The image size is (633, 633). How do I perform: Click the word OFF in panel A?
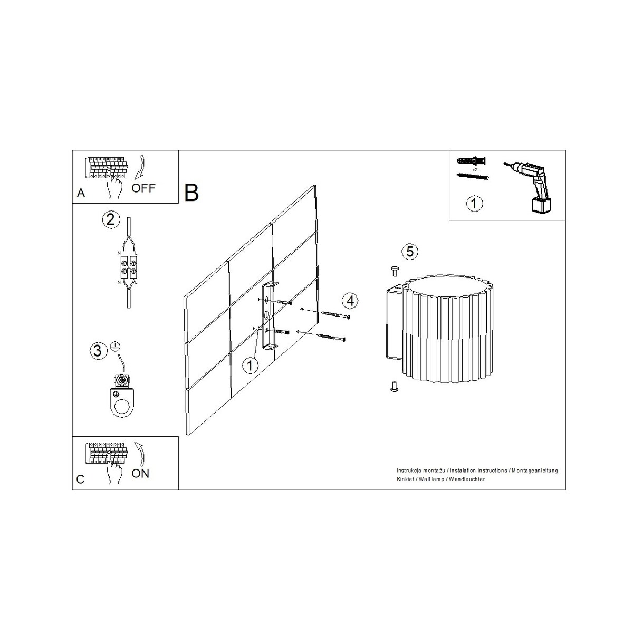pyautogui.click(x=143, y=188)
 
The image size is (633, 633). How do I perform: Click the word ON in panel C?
pyautogui.click(x=140, y=473)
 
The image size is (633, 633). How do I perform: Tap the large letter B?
pyautogui.click(x=191, y=193)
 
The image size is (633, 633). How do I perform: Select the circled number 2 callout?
pyautogui.click(x=111, y=219)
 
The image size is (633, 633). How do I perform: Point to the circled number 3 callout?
pyautogui.click(x=98, y=350)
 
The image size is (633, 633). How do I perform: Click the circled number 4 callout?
pyautogui.click(x=350, y=301)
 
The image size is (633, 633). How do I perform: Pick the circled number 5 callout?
pyautogui.click(x=410, y=252)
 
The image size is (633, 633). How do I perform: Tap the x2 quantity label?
pyautogui.click(x=475, y=170)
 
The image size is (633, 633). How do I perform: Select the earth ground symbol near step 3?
pyautogui.click(x=115, y=346)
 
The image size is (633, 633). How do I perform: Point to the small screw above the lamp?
pyautogui.click(x=395, y=271)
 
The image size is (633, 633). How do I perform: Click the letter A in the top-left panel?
pyautogui.click(x=81, y=193)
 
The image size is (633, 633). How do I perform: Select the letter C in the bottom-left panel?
pyautogui.click(x=81, y=479)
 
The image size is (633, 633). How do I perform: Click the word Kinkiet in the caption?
pyautogui.click(x=405, y=479)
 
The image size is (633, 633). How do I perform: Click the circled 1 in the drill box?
pyautogui.click(x=474, y=203)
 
